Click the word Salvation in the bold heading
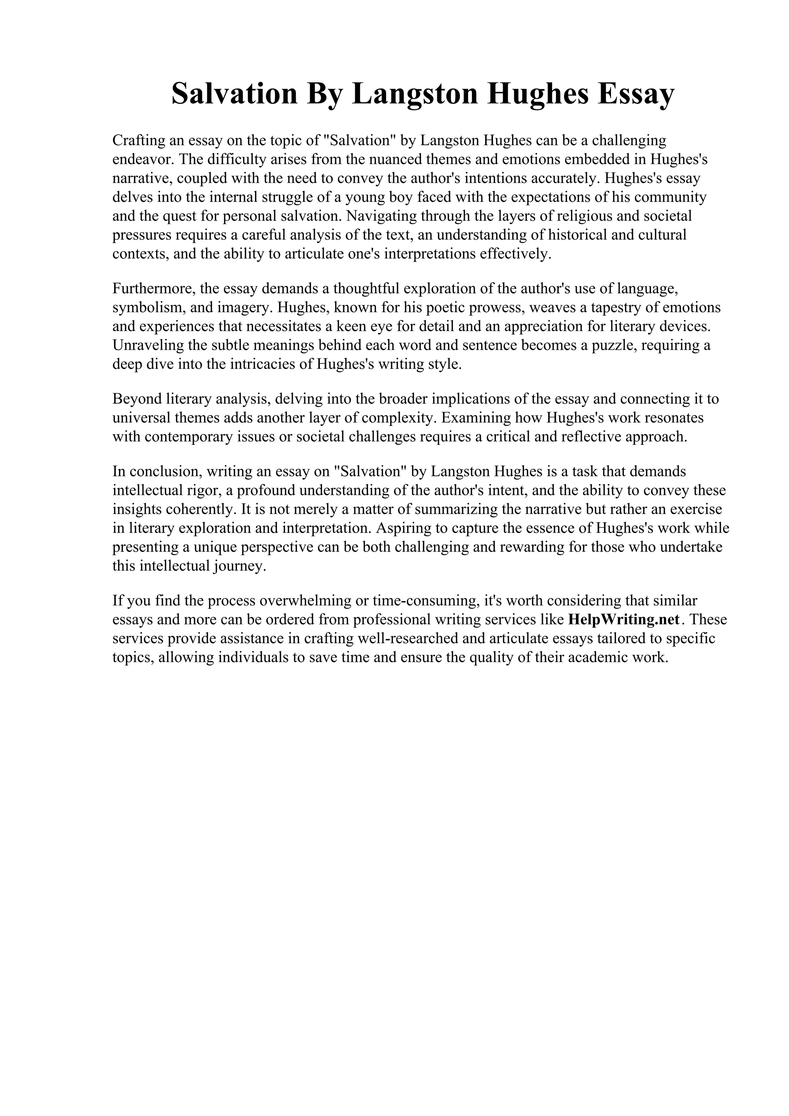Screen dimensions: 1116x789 pos(234,94)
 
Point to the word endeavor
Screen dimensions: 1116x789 pos(141,160)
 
